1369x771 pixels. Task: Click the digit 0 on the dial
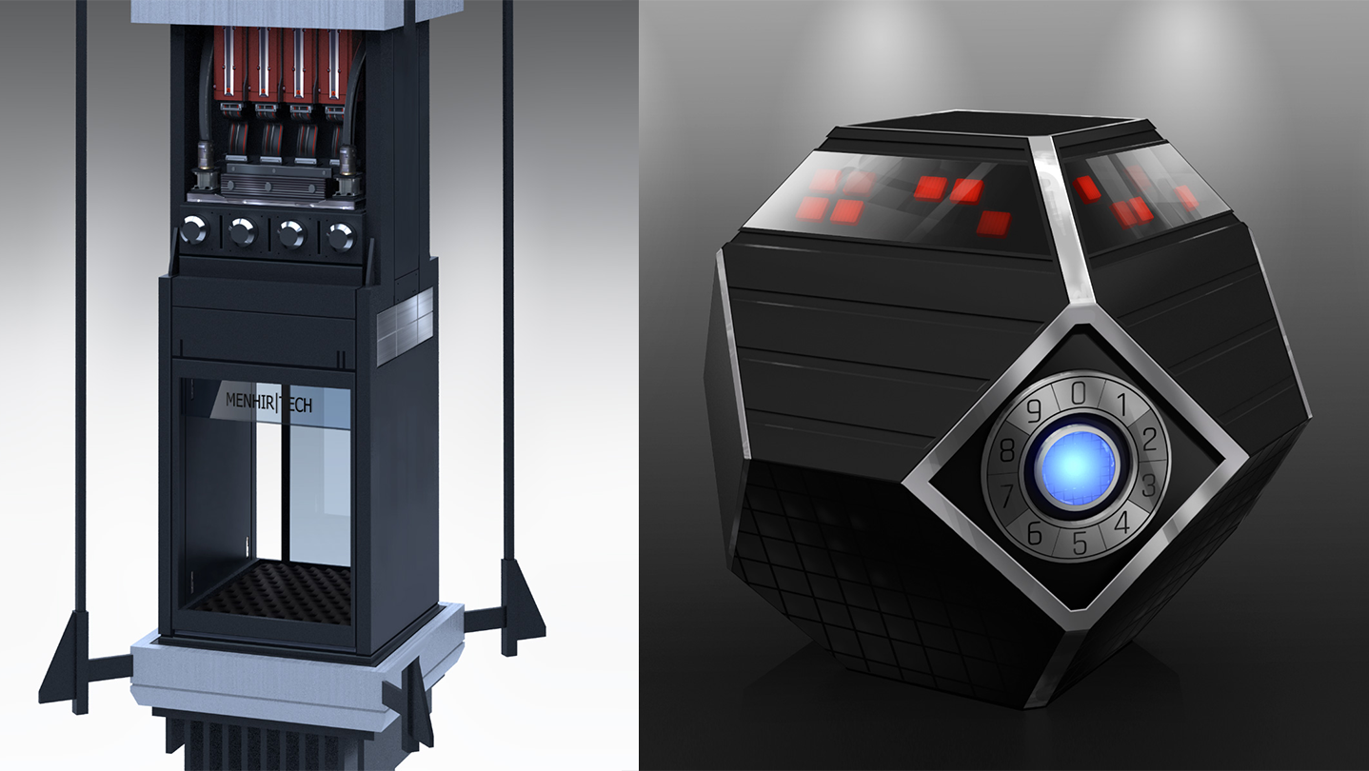click(x=1078, y=393)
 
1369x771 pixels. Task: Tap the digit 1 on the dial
click(x=1121, y=404)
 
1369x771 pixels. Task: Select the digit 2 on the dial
click(x=1150, y=440)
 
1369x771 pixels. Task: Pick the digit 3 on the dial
click(x=1150, y=485)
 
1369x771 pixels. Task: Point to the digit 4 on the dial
click(x=1122, y=523)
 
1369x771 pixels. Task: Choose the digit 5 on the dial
click(x=1080, y=543)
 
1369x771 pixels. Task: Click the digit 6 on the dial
click(x=1034, y=533)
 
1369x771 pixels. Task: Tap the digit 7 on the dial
click(x=1007, y=494)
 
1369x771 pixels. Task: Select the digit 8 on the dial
click(x=1007, y=451)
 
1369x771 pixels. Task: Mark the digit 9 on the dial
click(x=1034, y=411)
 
